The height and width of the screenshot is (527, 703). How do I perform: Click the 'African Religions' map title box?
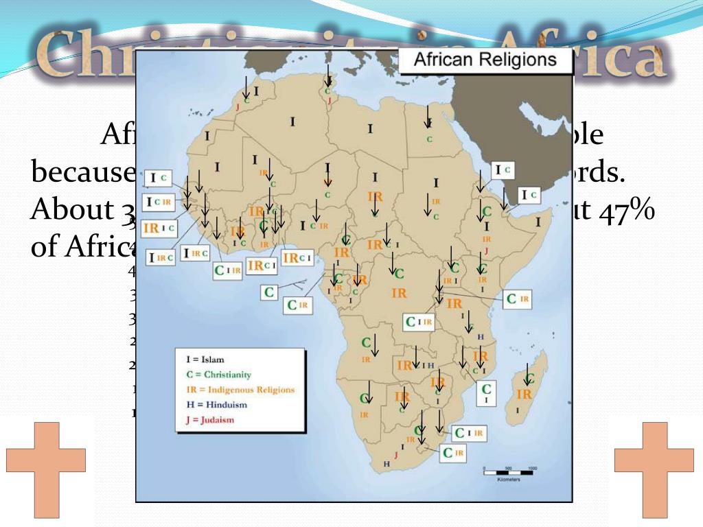(x=485, y=60)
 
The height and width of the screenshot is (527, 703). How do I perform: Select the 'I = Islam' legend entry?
(x=206, y=359)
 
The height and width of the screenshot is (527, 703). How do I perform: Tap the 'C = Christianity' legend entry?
(x=218, y=375)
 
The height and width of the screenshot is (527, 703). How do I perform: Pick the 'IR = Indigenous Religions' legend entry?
(x=240, y=390)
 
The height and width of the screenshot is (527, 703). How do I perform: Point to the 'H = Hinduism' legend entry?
(x=216, y=405)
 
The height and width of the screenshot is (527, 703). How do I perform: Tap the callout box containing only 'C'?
(x=270, y=292)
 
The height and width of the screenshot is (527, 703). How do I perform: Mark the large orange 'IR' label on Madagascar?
(x=524, y=395)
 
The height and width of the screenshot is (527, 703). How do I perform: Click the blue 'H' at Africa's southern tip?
(x=386, y=464)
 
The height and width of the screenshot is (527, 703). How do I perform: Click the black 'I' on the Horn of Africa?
(x=538, y=222)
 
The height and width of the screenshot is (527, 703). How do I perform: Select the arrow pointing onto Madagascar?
(x=527, y=374)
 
